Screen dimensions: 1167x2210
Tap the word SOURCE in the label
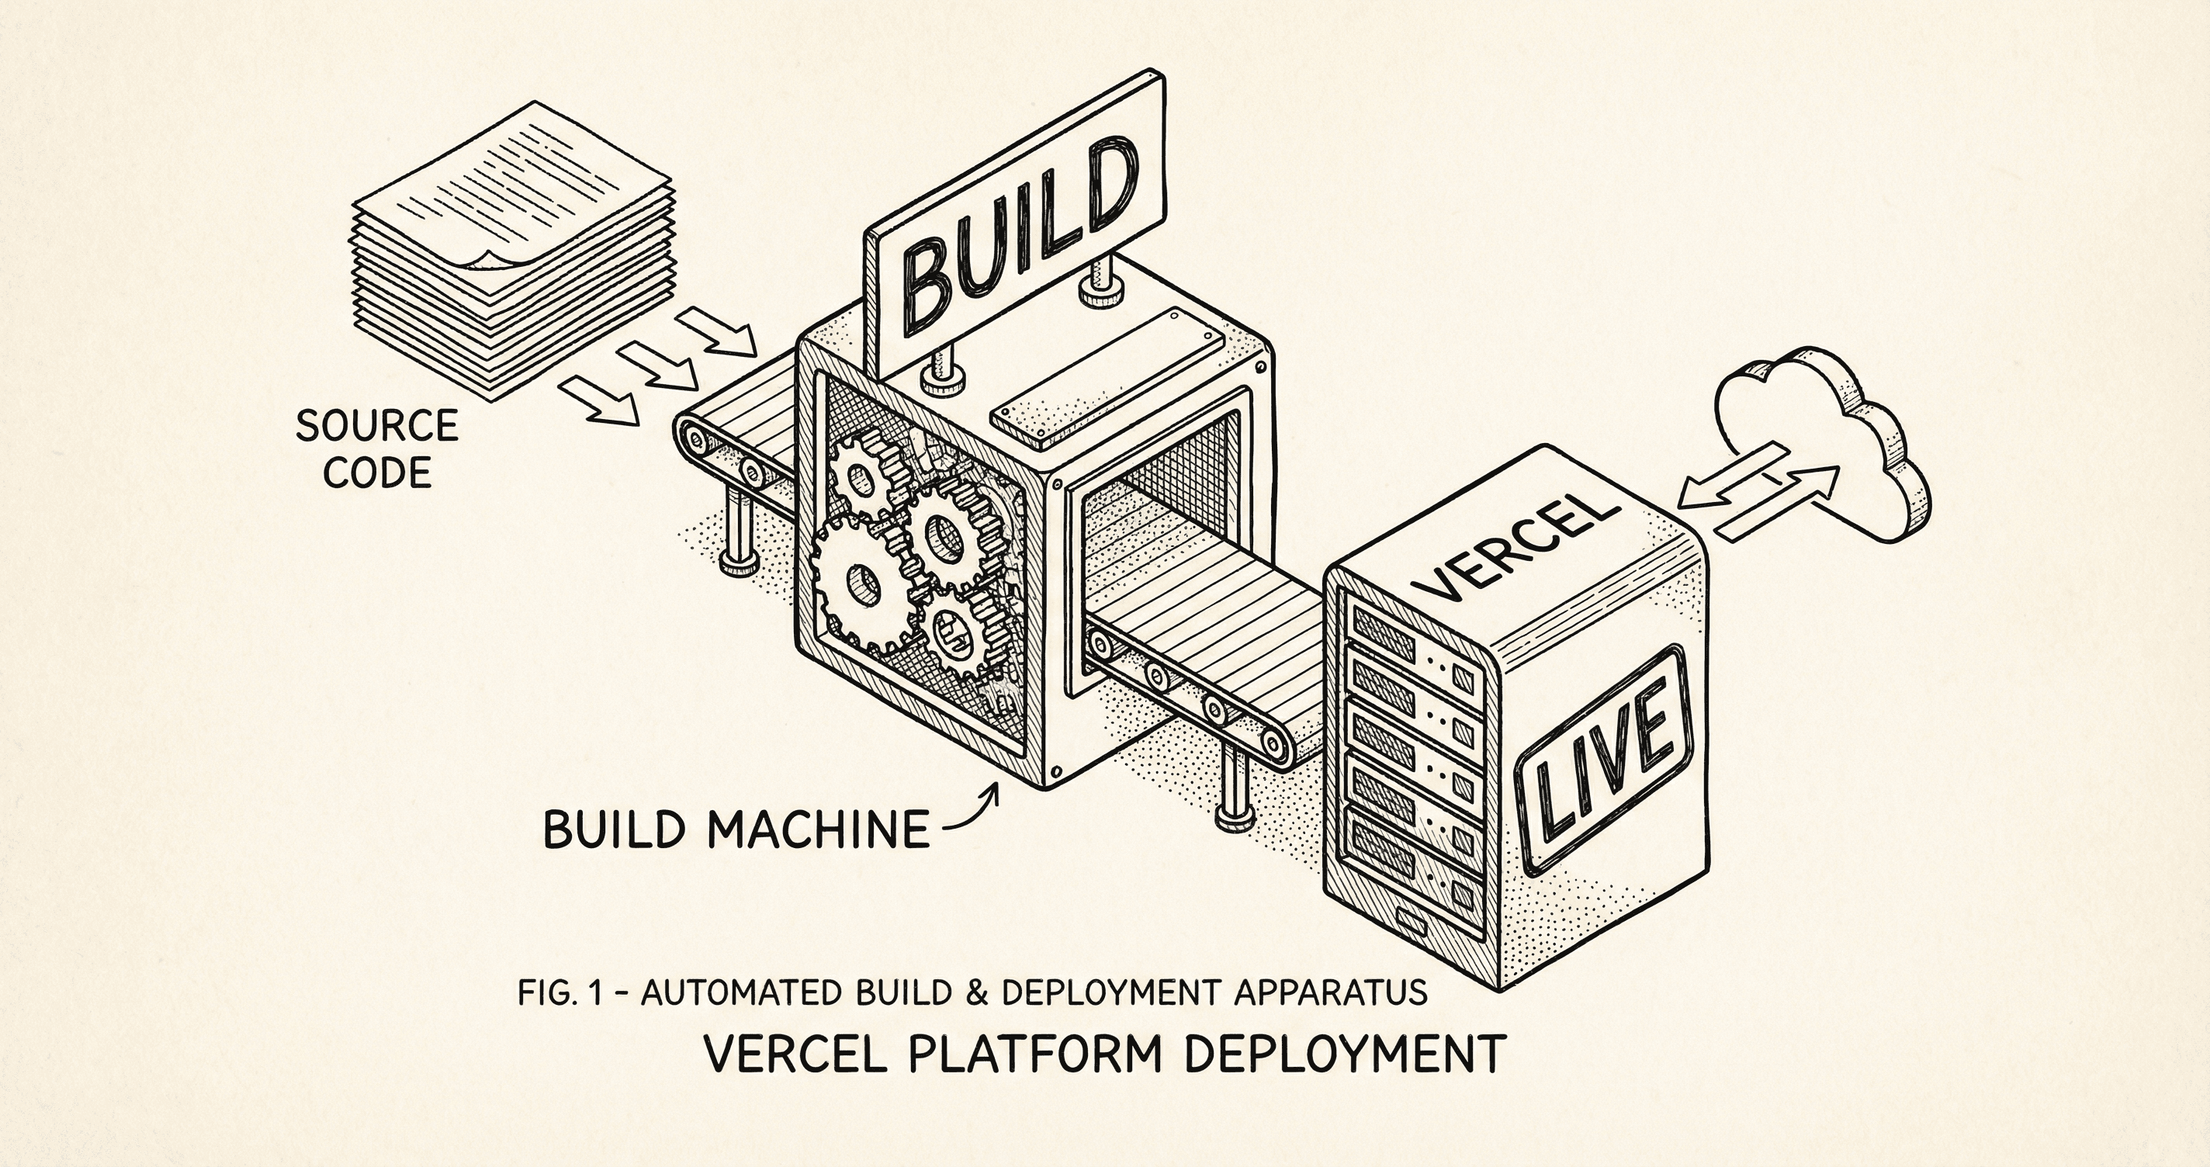click(x=376, y=427)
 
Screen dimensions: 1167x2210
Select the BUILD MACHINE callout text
click(x=736, y=828)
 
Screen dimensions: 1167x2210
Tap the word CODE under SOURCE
click(x=376, y=473)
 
